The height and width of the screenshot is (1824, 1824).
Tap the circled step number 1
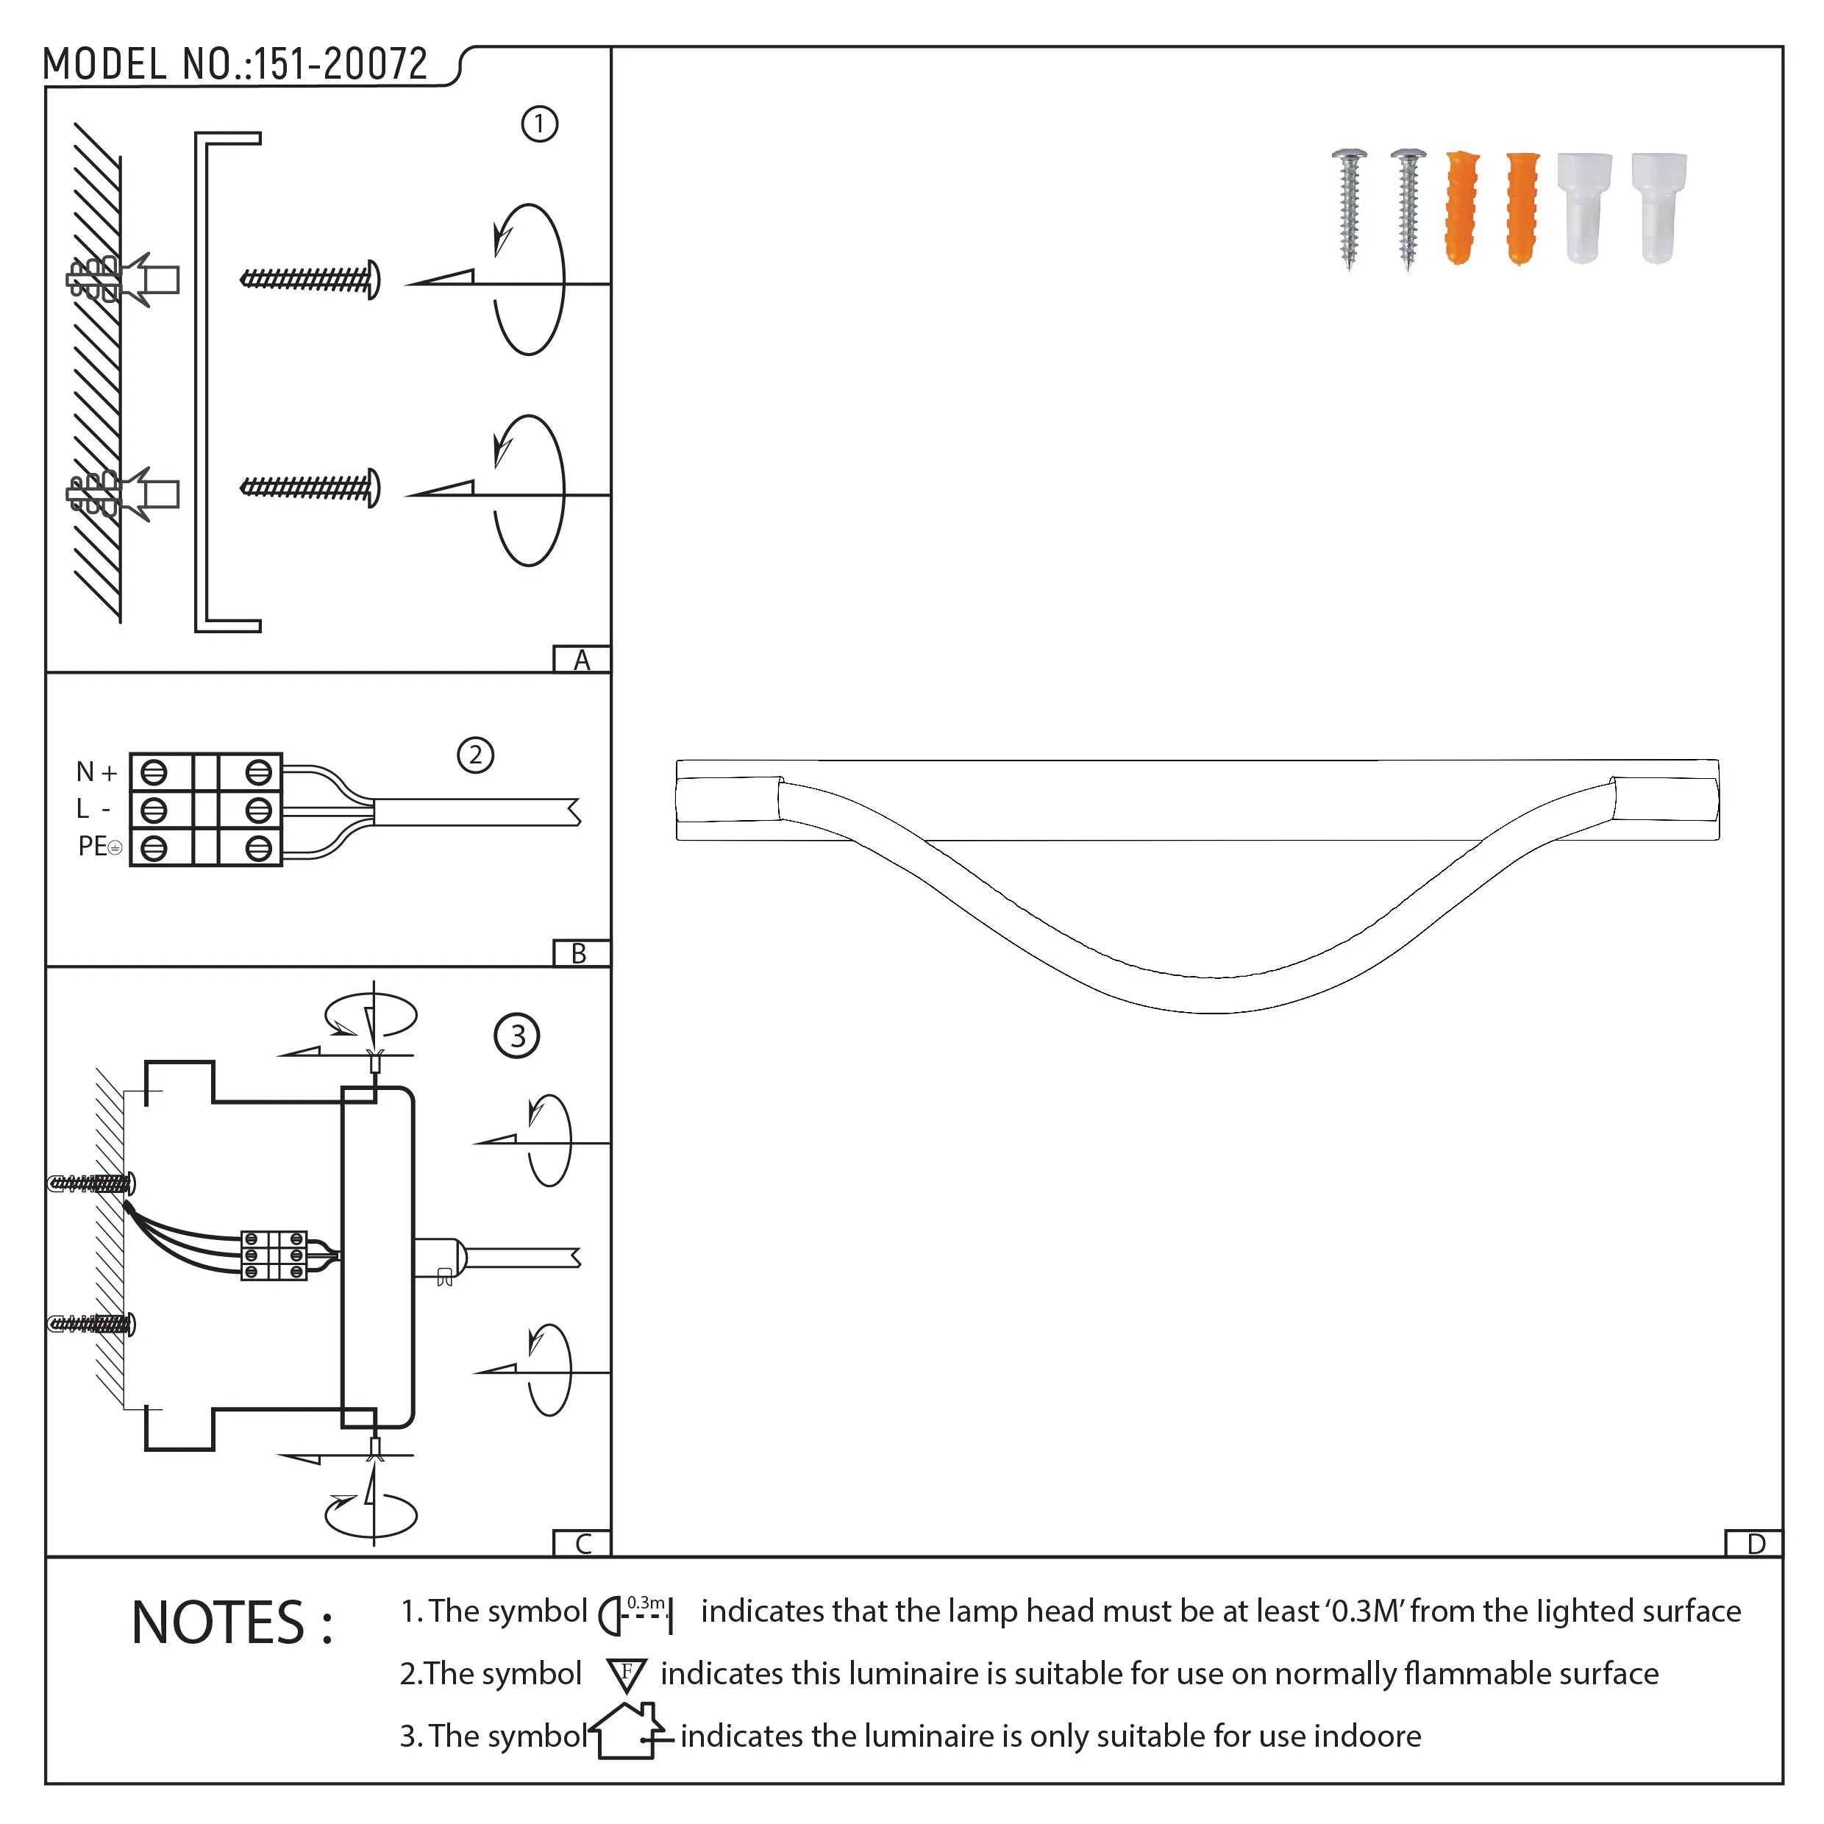point(540,124)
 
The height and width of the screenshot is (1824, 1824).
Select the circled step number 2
point(476,755)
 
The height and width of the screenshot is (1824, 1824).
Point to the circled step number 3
point(516,1036)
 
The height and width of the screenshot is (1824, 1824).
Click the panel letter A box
point(582,659)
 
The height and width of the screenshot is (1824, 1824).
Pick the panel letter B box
point(580,953)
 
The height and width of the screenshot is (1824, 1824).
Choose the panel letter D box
point(1755,1544)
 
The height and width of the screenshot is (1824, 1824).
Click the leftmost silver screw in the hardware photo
point(1349,207)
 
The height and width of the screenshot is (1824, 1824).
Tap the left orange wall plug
point(1461,207)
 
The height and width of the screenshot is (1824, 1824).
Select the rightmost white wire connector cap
point(1658,207)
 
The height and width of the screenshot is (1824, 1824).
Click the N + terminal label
point(96,772)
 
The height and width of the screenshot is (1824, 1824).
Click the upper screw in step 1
point(310,279)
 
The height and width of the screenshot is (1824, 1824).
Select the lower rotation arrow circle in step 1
point(529,491)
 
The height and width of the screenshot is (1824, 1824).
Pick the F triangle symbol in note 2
point(627,1674)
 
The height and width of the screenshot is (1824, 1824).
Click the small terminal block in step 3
point(274,1255)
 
